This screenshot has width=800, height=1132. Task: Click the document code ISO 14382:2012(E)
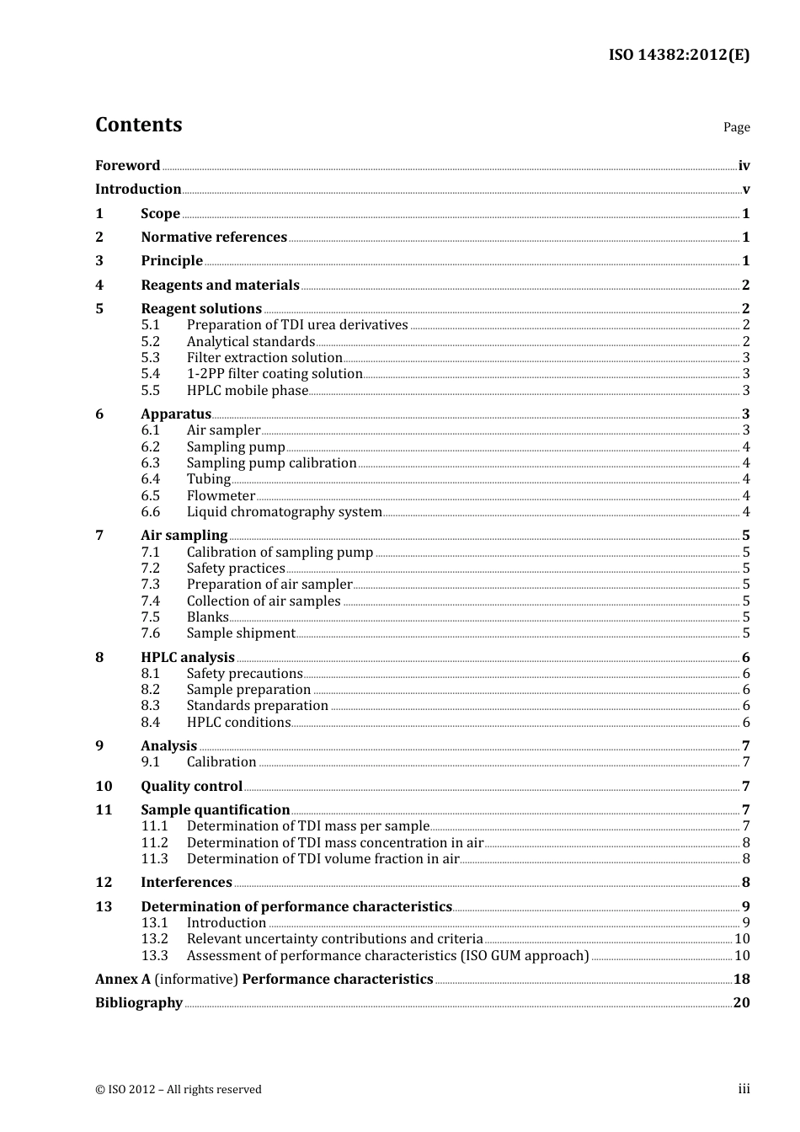pyautogui.click(x=679, y=55)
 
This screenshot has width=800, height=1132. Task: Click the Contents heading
pyautogui.click(x=138, y=125)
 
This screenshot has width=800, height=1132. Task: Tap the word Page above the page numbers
pyautogui.click(x=736, y=127)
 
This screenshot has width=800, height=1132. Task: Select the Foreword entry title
pyautogui.click(x=127, y=166)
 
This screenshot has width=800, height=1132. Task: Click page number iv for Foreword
pyautogui.click(x=744, y=166)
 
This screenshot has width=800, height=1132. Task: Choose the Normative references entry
pyautogui.click(x=214, y=238)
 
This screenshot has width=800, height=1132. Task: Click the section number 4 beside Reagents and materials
pyautogui.click(x=99, y=286)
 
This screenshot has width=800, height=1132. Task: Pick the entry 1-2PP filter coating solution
pyautogui.click(x=275, y=374)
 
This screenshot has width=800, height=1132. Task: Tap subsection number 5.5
pyautogui.click(x=150, y=391)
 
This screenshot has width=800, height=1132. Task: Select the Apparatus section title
pyautogui.click(x=176, y=414)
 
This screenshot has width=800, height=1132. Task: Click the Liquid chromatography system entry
pyautogui.click(x=284, y=512)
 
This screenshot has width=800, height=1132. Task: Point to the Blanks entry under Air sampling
pyautogui.click(x=207, y=617)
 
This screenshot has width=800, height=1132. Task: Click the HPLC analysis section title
pyautogui.click(x=188, y=658)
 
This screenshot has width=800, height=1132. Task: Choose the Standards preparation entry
pyautogui.click(x=257, y=706)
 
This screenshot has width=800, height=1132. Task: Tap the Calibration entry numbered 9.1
pyautogui.click(x=221, y=762)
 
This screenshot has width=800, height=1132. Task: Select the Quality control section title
pyautogui.click(x=191, y=787)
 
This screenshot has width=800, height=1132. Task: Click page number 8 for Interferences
pyautogui.click(x=745, y=883)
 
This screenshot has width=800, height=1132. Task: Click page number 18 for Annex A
pyautogui.click(x=741, y=980)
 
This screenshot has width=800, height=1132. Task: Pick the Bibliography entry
pyautogui.click(x=139, y=1003)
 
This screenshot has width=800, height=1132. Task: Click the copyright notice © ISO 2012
pyautogui.click(x=179, y=1090)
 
